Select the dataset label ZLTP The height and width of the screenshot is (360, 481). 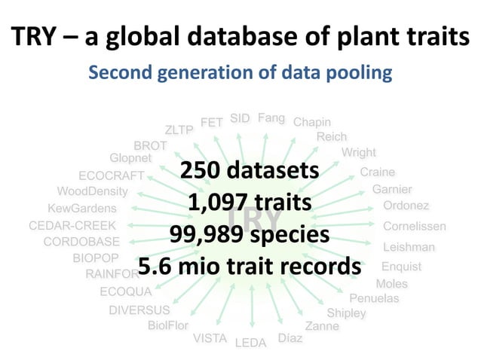[x=179, y=130]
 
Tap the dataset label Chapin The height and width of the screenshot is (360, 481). [x=311, y=122]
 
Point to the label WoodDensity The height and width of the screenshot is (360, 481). [x=93, y=191]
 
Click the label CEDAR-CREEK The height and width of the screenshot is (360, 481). [x=72, y=225]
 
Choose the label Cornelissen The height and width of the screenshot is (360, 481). [x=415, y=226]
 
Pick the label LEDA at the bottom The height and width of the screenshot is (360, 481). [x=251, y=343]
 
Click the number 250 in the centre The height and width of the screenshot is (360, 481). [x=206, y=170]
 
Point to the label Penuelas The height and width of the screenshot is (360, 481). [x=374, y=298]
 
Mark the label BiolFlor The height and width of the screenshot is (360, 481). [x=167, y=326]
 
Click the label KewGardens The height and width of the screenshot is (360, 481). [x=82, y=208]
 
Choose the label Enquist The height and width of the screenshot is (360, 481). [x=402, y=267]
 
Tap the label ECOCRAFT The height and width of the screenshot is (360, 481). [x=111, y=175]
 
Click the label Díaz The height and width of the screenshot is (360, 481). [x=290, y=338]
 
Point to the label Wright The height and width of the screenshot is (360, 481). [x=359, y=153]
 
